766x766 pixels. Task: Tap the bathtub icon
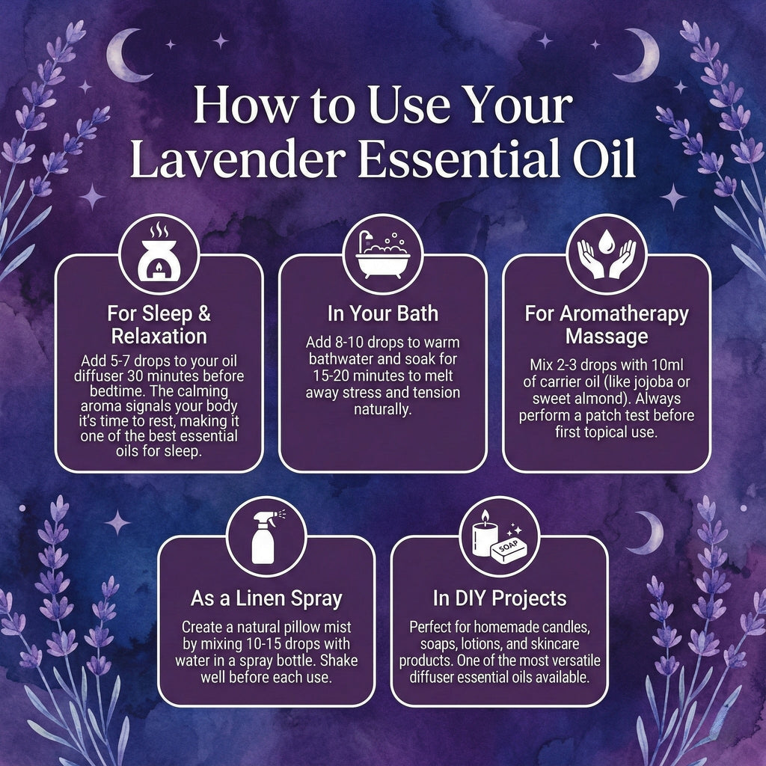pos(382,254)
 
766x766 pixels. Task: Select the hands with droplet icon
pos(606,254)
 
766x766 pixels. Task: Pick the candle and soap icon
pos(499,537)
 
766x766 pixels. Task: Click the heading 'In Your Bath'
pos(382,313)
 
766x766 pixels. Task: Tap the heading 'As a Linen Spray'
pos(266,598)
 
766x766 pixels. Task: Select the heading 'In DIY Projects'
pos(499,598)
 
